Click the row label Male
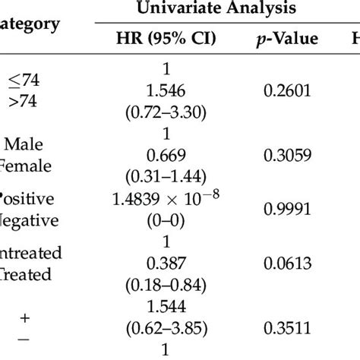coord(27,144)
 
